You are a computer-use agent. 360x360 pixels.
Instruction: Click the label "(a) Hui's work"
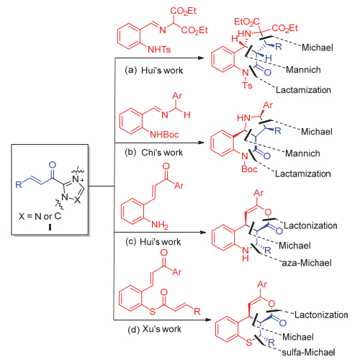click(x=154, y=71)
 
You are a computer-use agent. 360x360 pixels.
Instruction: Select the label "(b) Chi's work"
click(x=153, y=153)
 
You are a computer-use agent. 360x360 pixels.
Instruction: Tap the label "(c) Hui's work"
click(x=153, y=242)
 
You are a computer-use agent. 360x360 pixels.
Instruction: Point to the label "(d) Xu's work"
click(x=155, y=329)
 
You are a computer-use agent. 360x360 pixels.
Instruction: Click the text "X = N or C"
click(x=40, y=216)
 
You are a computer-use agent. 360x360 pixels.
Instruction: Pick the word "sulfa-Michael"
click(x=308, y=352)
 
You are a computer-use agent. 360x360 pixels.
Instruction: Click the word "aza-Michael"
click(x=307, y=263)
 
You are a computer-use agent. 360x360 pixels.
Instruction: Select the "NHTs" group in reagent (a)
click(x=159, y=50)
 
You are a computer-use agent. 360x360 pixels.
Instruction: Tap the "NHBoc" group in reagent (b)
click(x=164, y=135)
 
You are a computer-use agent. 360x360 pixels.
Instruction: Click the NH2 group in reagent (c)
click(x=160, y=225)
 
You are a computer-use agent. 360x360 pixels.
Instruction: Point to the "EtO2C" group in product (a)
click(x=247, y=22)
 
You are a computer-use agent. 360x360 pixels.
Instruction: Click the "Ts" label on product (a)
click(x=247, y=85)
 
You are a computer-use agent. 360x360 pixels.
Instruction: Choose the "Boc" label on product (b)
click(x=249, y=169)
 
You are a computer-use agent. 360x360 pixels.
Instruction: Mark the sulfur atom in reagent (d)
click(x=153, y=311)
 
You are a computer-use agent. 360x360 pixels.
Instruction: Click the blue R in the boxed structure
click(x=19, y=184)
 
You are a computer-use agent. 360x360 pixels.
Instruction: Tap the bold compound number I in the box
click(x=50, y=227)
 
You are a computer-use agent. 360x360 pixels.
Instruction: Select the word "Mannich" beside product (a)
click(x=303, y=70)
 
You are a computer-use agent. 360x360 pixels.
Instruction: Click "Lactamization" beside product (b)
click(x=303, y=174)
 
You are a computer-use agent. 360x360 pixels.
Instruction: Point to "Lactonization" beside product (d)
click(x=321, y=315)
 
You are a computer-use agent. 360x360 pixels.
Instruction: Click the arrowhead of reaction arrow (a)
click(x=201, y=58)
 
